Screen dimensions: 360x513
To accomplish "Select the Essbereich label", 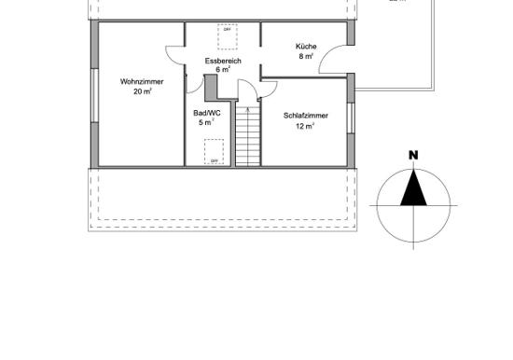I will click(223, 61).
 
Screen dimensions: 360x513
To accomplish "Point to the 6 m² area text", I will click(223, 70).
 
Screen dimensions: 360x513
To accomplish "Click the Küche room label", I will click(306, 46).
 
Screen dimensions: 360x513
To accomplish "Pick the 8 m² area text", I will click(306, 56).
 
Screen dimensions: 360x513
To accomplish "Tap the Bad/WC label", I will click(204, 113).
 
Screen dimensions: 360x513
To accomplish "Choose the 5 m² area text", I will click(205, 122).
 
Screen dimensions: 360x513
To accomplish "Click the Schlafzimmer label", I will click(305, 116).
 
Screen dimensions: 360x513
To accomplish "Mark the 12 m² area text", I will click(305, 126).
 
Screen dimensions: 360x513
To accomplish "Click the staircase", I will click(247, 135).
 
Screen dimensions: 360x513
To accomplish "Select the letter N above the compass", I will click(412, 155).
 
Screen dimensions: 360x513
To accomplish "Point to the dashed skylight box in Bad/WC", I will click(214, 152).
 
